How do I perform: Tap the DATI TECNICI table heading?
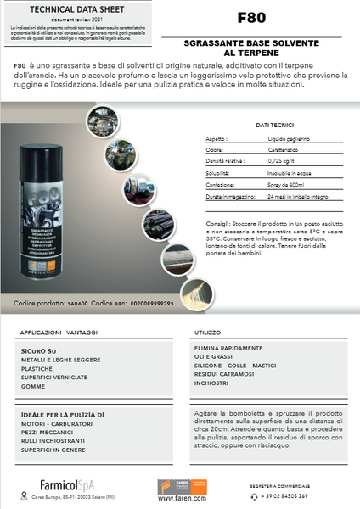[274, 125]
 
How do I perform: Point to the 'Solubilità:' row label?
[219, 171]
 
